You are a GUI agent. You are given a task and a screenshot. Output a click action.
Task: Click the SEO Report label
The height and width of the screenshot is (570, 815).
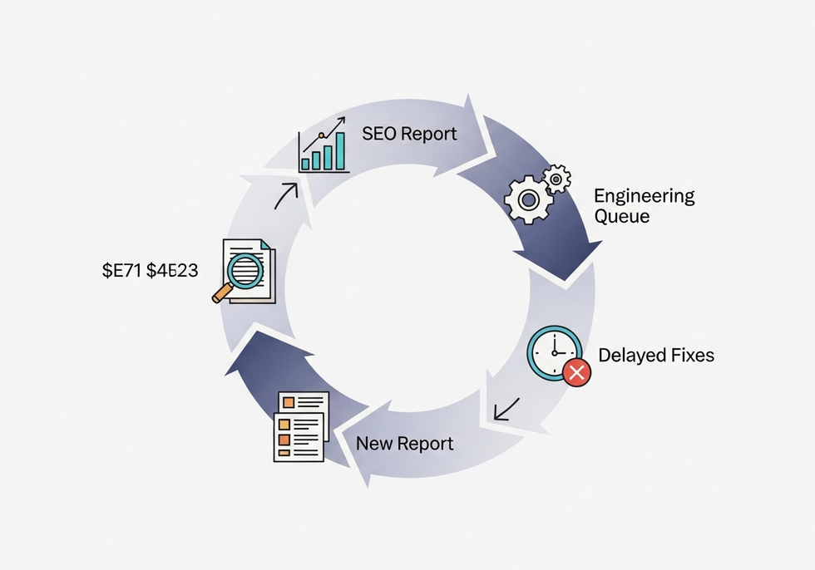click(x=409, y=134)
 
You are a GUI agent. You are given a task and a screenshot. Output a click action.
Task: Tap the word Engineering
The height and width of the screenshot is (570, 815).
click(x=644, y=197)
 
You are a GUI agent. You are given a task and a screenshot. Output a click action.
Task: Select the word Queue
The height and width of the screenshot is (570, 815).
click(x=621, y=217)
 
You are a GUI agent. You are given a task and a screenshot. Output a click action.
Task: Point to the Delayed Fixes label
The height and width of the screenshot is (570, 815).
click(x=656, y=356)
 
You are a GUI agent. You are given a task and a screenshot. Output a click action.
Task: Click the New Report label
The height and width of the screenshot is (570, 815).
click(x=404, y=444)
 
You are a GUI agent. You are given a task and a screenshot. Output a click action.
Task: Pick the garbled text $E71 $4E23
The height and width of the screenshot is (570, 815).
click(x=150, y=270)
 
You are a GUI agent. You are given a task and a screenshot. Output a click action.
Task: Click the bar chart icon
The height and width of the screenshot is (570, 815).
click(x=324, y=147)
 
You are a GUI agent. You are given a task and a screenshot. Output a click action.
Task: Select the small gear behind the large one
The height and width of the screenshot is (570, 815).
click(x=556, y=177)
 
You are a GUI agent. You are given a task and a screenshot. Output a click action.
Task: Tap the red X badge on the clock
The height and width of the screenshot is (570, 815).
click(x=576, y=373)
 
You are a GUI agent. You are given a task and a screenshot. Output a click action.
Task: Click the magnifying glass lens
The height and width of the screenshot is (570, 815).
click(x=246, y=271)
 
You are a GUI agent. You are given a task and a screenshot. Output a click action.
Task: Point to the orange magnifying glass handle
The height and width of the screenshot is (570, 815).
click(x=222, y=293)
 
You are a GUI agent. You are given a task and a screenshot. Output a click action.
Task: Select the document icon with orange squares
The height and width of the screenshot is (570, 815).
click(x=300, y=426)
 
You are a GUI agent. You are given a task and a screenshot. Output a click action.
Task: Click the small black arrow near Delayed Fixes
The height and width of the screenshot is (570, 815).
click(x=506, y=408)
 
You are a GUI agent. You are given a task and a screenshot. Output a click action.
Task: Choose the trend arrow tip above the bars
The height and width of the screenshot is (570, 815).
click(x=341, y=121)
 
